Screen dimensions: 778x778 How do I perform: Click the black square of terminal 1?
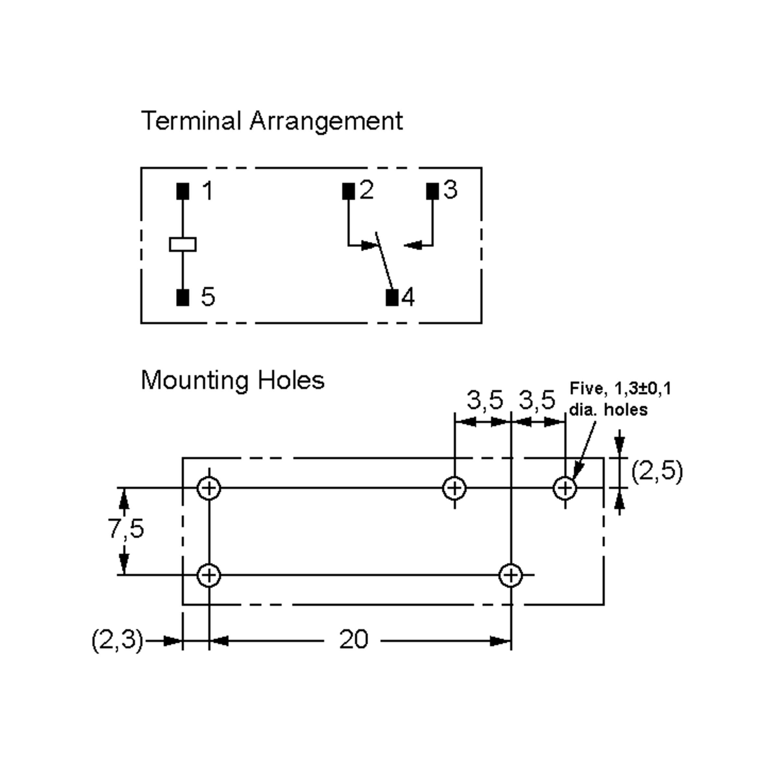183,191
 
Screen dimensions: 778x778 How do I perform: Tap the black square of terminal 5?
183,298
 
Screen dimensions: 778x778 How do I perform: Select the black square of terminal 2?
348,191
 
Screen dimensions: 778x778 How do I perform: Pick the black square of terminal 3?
432,191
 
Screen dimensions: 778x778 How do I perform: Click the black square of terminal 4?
392,298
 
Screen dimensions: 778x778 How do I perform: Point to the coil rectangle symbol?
183,244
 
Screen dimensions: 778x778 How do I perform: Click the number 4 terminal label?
408,298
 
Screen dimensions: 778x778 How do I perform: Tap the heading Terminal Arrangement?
272,121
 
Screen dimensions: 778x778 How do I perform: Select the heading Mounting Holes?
233,380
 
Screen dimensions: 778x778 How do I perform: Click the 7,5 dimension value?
126,528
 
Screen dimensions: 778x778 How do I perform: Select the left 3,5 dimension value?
485,400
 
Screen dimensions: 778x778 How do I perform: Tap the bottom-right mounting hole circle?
510,575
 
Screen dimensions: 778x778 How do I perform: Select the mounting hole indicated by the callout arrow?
565,488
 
